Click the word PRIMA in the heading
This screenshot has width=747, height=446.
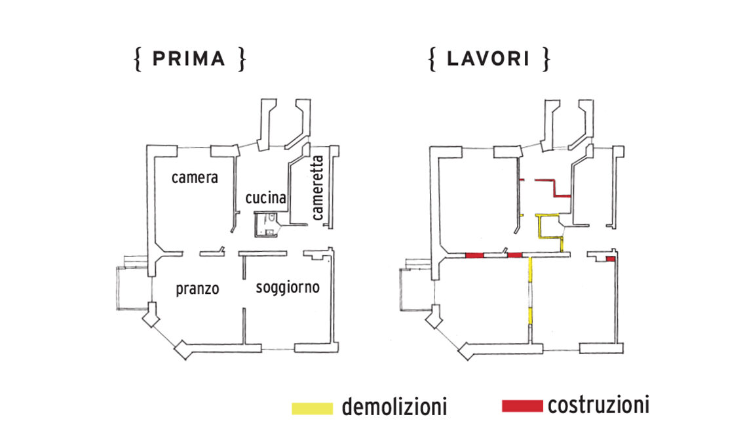(189, 59)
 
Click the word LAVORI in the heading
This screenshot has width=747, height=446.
(488, 59)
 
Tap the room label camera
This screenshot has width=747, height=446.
(195, 178)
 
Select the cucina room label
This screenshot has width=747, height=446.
(265, 198)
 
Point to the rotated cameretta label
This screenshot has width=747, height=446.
(318, 187)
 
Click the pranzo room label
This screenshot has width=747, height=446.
(197, 289)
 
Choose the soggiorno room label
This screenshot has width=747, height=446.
(288, 287)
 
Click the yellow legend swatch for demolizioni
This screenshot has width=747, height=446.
(313, 408)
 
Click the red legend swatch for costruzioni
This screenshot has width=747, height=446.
(522, 406)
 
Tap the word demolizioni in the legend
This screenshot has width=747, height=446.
(394, 407)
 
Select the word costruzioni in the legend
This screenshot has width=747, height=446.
(598, 405)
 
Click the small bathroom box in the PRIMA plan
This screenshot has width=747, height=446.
(267, 225)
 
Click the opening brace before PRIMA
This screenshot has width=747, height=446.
(138, 59)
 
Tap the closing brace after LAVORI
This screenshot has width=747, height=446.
(545, 59)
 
